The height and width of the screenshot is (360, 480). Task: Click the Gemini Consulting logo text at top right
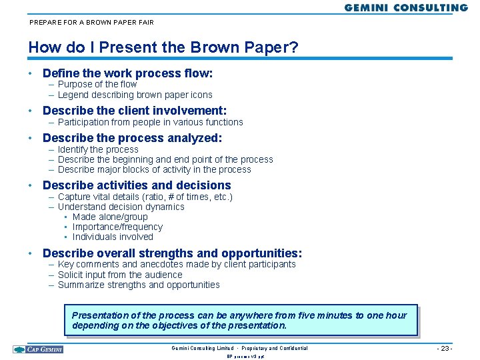pyautogui.click(x=406, y=8)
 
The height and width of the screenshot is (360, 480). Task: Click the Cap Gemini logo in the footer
pyautogui.click(x=38, y=349)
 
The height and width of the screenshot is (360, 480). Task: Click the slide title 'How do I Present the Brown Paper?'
pyautogui.click(x=163, y=48)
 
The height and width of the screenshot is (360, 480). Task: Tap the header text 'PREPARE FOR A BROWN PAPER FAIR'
pyautogui.click(x=91, y=22)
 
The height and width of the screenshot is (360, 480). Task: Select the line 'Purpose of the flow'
pyautogui.click(x=97, y=84)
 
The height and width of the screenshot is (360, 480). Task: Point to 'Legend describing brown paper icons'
pyautogui.click(x=135, y=95)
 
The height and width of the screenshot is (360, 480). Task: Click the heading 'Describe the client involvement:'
pyautogui.click(x=135, y=111)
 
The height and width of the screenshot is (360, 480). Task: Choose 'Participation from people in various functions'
pyautogui.click(x=151, y=122)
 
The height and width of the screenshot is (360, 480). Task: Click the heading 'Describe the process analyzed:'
pyautogui.click(x=132, y=138)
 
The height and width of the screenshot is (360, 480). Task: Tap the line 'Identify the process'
pyautogui.click(x=98, y=149)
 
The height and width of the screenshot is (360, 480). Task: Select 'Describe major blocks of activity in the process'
pyautogui.click(x=155, y=169)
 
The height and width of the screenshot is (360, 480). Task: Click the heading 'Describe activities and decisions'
pyautogui.click(x=137, y=185)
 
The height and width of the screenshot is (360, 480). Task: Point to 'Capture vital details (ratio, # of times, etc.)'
pyautogui.click(x=145, y=197)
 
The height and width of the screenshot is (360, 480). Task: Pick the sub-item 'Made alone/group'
pyautogui.click(x=110, y=217)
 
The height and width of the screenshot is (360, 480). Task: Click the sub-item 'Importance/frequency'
pyautogui.click(x=117, y=227)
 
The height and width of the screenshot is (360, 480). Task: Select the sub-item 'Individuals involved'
pyautogui.click(x=113, y=237)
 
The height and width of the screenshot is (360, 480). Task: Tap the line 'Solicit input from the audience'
pyautogui.click(x=120, y=275)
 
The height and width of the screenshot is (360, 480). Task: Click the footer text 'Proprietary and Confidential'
pyautogui.click(x=275, y=349)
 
